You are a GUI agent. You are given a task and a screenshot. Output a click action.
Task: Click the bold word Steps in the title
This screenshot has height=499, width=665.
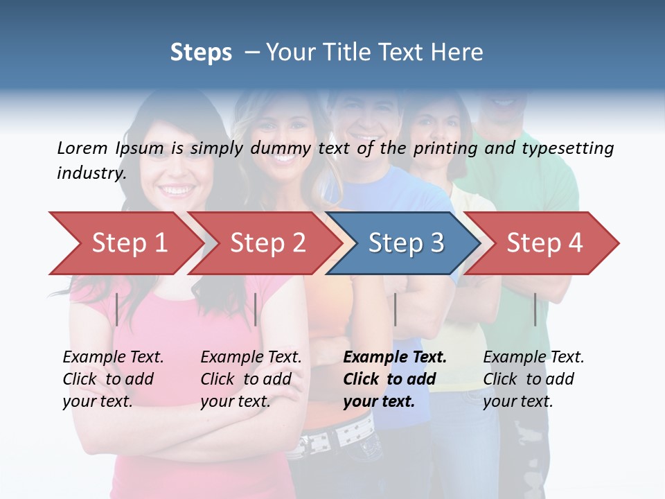coord(201,53)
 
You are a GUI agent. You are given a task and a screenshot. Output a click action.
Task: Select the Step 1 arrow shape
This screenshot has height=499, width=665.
coord(125,243)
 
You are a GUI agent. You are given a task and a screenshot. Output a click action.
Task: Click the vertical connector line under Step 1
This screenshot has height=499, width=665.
coord(117,309)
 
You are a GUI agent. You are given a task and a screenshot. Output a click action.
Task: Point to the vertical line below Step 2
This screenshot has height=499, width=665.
coord(256,309)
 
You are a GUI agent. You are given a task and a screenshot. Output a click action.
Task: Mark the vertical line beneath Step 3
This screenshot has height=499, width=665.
coord(395,309)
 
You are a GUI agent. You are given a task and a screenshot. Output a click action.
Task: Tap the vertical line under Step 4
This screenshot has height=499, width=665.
coord(535,309)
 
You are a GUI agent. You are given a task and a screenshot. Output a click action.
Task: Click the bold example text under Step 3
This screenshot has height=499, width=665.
coord(394,379)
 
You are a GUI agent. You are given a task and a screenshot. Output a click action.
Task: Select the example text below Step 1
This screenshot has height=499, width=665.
coord(113,379)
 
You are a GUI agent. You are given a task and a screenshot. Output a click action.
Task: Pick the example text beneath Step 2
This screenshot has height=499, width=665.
coord(251,379)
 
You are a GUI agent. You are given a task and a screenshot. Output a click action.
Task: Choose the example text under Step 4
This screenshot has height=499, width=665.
coord(533,379)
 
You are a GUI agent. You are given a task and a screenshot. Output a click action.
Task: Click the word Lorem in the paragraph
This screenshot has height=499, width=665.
coord(82,148)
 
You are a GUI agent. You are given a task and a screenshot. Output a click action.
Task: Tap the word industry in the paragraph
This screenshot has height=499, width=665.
coord(91,173)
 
